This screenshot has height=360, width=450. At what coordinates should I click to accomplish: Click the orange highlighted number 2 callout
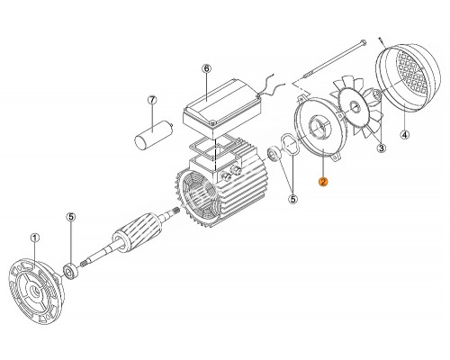point(323,182)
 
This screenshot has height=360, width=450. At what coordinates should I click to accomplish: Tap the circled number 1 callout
point(35,238)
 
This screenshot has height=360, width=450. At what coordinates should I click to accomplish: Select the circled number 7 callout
point(152,100)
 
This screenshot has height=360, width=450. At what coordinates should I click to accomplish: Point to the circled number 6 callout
point(206,68)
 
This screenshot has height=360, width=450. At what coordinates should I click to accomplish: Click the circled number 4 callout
point(405,135)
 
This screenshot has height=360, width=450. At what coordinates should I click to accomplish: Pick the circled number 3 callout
point(382,148)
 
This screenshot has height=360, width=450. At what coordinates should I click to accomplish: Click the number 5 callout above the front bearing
point(71,217)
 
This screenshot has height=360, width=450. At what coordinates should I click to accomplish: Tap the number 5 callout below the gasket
point(293,199)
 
